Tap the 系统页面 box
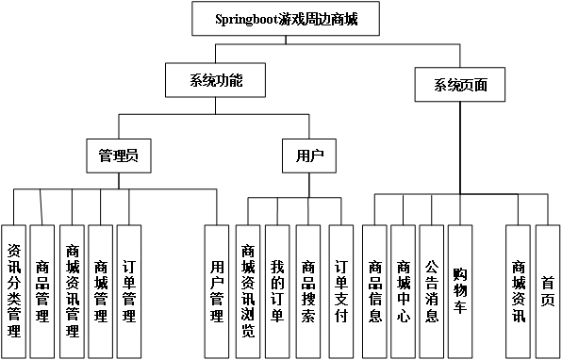pyautogui.click(x=460, y=86)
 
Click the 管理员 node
pyautogui.click(x=119, y=155)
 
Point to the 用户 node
pyautogui.click(x=309, y=155)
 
